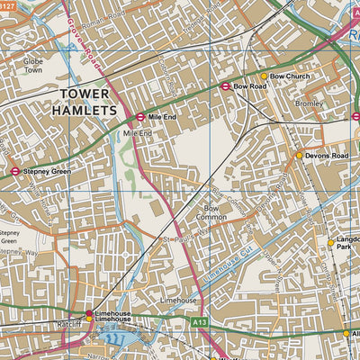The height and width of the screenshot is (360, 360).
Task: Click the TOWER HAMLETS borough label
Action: [87, 101]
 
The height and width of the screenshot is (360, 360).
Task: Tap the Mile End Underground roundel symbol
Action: [140, 117]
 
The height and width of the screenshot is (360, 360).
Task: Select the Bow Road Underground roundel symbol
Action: [225, 86]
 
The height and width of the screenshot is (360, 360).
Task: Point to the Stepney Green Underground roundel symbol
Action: [15, 170]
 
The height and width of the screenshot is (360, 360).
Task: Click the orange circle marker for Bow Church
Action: [264, 76]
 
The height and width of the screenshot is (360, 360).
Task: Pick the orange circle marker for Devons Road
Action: [300, 156]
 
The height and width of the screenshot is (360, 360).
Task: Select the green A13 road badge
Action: [200, 319]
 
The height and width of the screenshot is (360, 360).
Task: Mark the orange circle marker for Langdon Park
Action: [330, 242]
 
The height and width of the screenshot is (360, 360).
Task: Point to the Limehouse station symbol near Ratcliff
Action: [88, 314]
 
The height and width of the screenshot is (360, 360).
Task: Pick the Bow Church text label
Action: [290, 76]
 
